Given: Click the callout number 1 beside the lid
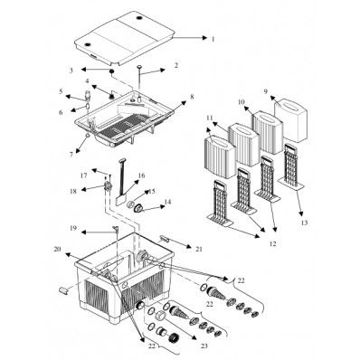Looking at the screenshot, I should tap(213, 39).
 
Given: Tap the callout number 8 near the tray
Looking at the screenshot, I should tap(191, 96).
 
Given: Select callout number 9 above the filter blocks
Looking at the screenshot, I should tap(265, 91).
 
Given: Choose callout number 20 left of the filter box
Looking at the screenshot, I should tap(56, 249).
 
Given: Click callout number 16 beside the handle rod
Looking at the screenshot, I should tap(141, 176).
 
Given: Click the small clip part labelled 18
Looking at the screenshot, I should tap(106, 188).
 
